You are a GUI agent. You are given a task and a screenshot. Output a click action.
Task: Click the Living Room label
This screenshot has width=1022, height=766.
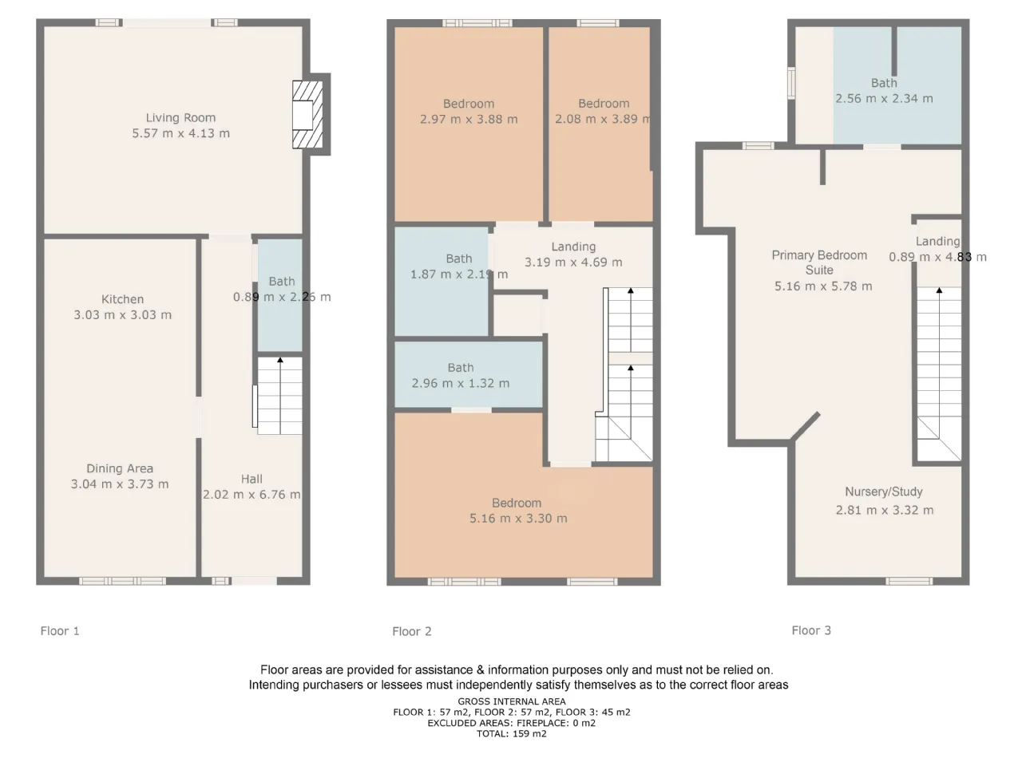180,117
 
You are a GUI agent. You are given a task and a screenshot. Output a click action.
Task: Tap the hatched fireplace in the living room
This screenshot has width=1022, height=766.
307,114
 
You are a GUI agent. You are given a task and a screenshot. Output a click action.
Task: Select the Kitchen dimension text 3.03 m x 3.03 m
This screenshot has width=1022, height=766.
122,315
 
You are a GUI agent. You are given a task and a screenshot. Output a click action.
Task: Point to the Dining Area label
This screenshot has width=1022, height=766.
120,468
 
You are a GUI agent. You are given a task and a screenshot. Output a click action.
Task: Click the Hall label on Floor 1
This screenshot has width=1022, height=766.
252,479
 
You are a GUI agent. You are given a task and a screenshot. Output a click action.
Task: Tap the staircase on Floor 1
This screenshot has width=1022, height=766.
279,396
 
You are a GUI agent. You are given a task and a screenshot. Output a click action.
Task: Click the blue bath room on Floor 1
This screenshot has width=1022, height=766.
279,295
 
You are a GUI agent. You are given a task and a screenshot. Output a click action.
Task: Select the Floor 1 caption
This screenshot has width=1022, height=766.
60,630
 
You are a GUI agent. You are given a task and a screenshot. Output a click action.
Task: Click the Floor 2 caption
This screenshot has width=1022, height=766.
412,631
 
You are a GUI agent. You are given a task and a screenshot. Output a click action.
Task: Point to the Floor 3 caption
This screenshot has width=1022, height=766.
811,630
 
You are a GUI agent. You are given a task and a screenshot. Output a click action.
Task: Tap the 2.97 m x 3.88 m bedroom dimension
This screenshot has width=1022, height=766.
469,119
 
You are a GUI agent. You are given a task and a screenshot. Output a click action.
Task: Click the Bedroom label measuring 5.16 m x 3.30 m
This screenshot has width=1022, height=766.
517,503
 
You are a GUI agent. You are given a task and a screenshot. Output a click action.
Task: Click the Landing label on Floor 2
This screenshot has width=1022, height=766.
573,247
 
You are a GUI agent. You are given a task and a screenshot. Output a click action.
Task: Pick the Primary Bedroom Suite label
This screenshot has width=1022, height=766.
819,263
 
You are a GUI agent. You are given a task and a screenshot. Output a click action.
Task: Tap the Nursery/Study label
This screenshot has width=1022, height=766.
884,492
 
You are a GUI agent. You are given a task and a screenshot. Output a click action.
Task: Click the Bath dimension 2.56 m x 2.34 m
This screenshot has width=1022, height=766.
884,99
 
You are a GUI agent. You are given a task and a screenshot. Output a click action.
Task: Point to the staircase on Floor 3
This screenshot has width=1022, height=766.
939,374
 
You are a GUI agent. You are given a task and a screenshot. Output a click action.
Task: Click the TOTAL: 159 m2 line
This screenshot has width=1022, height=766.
511,733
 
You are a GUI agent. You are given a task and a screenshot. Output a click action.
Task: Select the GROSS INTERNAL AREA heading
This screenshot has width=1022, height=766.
512,701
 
